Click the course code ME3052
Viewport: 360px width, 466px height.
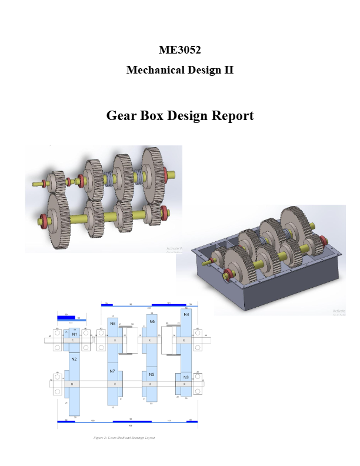(180, 50)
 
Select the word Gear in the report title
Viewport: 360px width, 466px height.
(120, 115)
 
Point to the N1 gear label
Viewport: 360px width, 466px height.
(75, 334)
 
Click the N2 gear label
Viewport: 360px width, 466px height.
(75, 359)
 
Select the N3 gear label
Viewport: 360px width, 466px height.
(186, 377)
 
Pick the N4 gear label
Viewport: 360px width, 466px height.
(186, 315)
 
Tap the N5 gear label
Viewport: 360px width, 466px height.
(151, 374)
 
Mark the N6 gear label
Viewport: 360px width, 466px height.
(152, 322)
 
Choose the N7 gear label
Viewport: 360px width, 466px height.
(112, 371)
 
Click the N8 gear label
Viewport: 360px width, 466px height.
(112, 324)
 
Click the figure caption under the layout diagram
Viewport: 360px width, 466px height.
(124, 438)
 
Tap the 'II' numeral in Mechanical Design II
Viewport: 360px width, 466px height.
(228, 70)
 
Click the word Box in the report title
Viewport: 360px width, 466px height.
(151, 115)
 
